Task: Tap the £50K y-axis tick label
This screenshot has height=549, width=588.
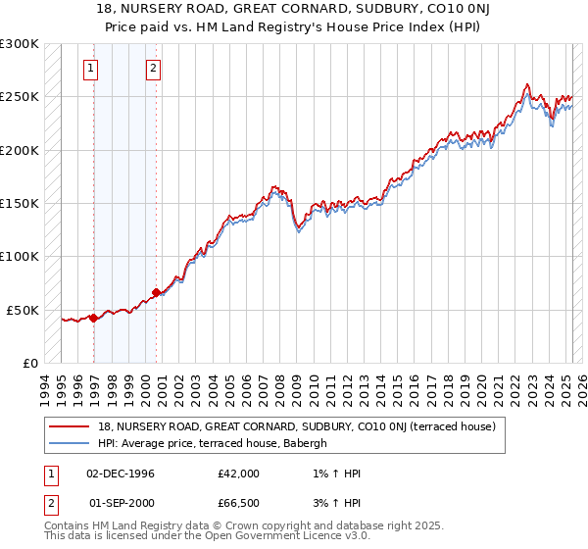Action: pos(24,310)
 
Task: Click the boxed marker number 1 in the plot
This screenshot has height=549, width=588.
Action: pos(90,68)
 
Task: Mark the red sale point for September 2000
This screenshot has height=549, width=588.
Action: pos(157,292)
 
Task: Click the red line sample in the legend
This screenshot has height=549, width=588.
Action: pos(69,426)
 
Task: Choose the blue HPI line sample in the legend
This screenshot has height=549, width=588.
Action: pos(69,443)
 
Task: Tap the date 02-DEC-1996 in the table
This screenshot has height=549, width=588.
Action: pos(121,474)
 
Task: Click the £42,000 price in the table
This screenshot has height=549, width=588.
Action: pos(239,474)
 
